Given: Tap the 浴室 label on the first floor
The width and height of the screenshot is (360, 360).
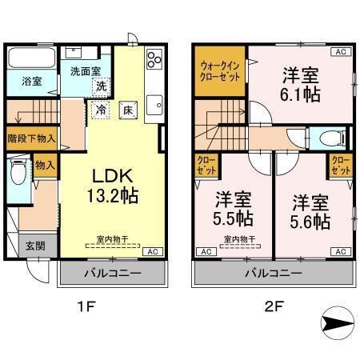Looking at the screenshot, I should (21, 81).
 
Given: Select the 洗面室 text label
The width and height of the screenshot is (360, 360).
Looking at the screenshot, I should (84, 71).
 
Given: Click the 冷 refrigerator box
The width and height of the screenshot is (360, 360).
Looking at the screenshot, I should (102, 109).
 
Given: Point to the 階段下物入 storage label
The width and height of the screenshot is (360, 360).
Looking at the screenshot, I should (30, 138).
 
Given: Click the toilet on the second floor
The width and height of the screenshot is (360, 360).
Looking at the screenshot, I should (335, 137).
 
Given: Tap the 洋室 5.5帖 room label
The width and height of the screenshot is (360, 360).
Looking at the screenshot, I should (233, 210).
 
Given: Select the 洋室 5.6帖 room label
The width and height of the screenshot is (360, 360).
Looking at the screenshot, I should (311, 210).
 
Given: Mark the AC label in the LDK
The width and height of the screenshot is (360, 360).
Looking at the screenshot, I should (150, 252).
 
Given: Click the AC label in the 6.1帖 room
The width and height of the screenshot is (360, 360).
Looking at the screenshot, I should (340, 51).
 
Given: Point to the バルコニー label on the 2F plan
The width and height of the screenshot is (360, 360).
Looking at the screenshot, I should (274, 274).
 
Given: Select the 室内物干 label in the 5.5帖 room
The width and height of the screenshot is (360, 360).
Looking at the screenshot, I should (234, 238).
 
